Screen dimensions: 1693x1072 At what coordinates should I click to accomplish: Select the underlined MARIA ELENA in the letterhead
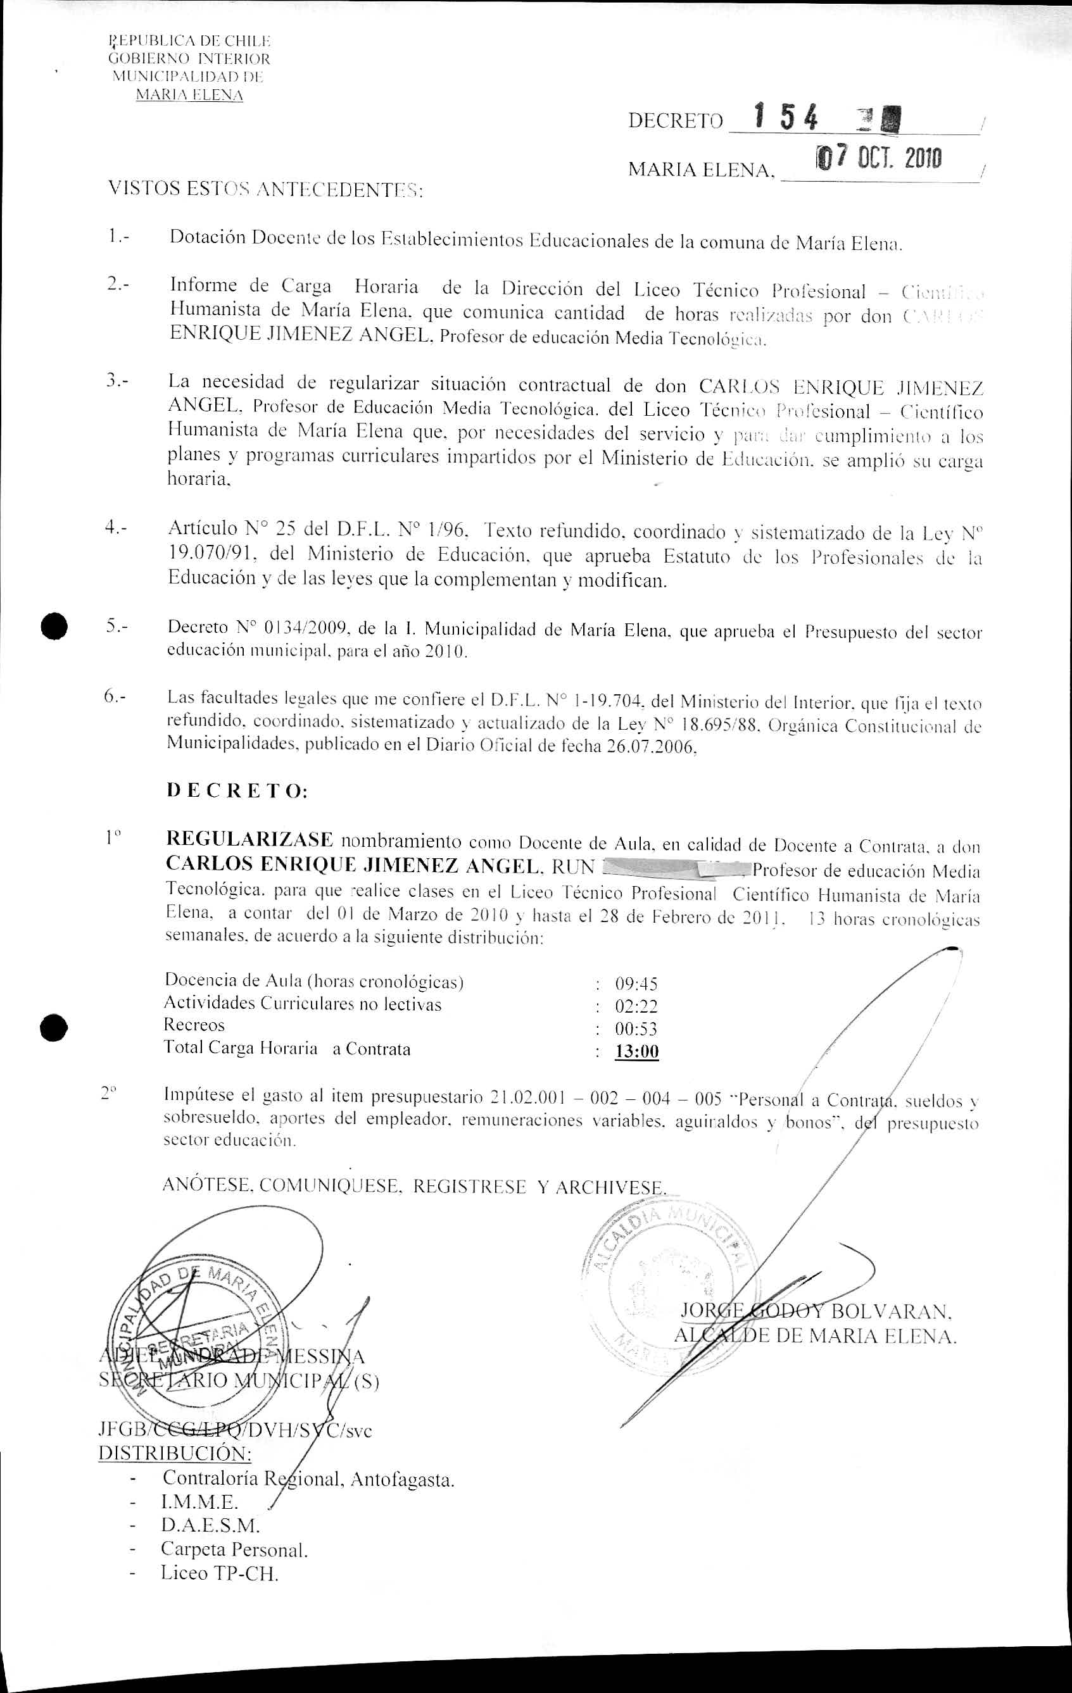point(189,95)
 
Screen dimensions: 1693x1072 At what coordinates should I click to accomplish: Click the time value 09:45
point(636,984)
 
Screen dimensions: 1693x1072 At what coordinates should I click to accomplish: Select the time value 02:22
point(636,1006)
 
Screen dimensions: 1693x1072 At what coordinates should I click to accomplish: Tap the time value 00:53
point(636,1029)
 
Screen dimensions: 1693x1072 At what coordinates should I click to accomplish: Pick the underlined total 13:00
point(636,1052)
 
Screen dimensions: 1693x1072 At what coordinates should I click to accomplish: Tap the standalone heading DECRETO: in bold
point(237,791)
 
